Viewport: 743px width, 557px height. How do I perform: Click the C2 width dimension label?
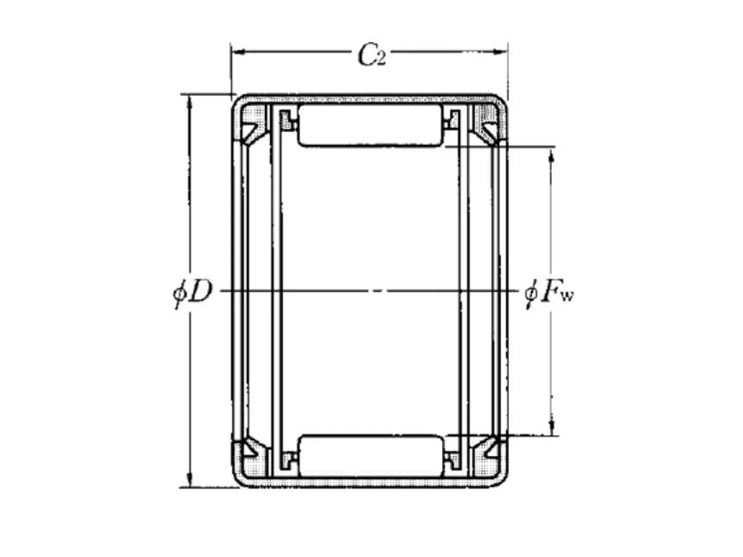click(x=371, y=54)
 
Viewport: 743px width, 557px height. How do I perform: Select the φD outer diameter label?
click(x=191, y=291)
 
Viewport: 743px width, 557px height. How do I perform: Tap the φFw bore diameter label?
click(x=549, y=293)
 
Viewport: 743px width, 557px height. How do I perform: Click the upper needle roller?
click(x=370, y=125)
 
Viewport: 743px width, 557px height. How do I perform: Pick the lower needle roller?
click(x=371, y=456)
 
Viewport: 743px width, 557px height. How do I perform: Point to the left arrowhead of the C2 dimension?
click(x=239, y=52)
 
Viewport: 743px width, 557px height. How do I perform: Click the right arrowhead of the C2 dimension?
click(x=500, y=52)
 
